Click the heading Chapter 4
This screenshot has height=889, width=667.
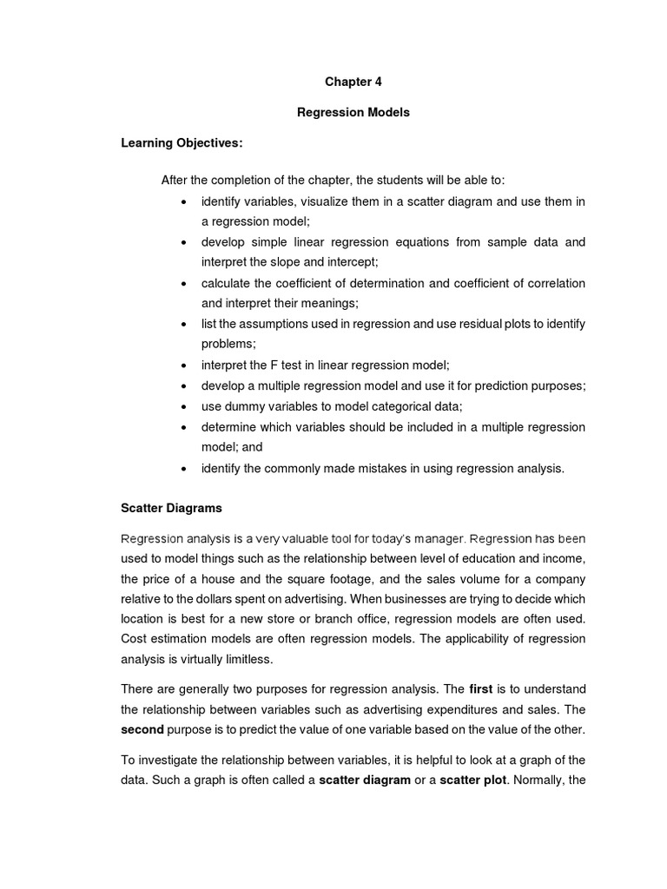(353, 82)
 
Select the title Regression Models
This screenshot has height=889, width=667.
(353, 112)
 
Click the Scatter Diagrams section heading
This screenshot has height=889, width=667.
(171, 508)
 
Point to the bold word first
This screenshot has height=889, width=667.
(480, 689)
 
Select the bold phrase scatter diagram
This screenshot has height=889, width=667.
(365, 780)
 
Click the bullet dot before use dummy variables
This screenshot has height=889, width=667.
(184, 407)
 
